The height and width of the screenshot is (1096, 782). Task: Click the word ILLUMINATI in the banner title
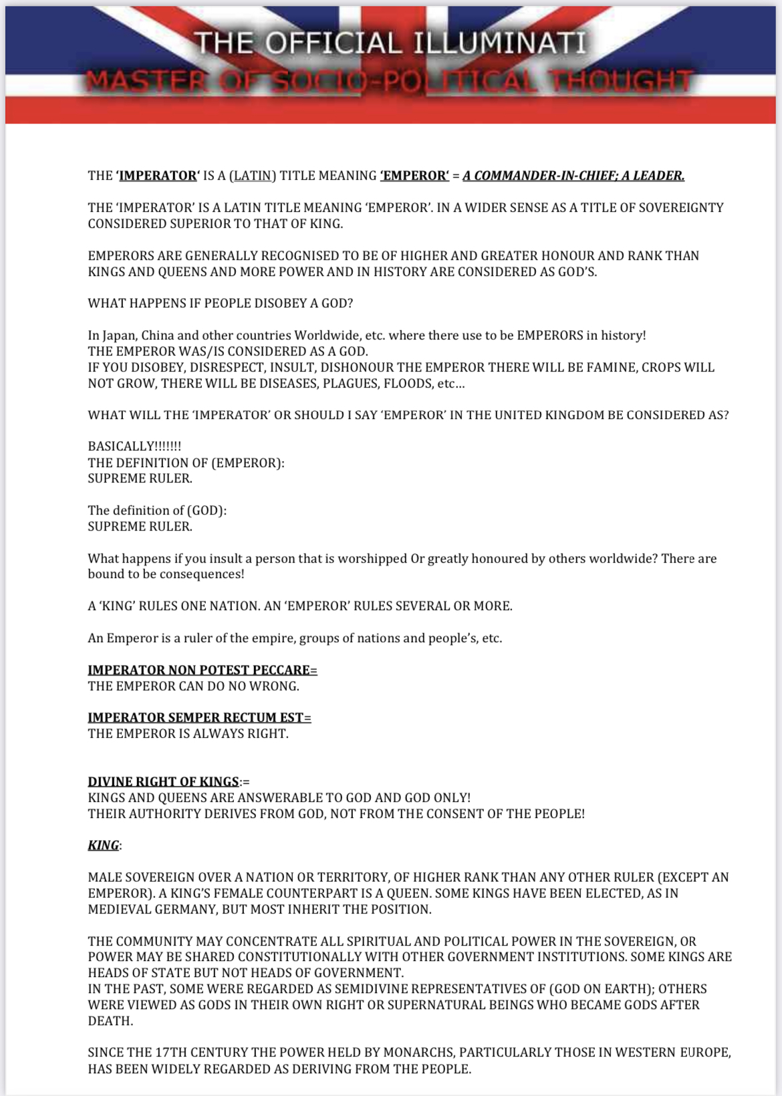click(x=499, y=43)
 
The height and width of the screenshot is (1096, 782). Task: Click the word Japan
click(x=119, y=335)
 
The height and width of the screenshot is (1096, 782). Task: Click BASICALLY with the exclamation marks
click(x=134, y=446)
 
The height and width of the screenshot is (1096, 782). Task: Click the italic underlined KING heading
click(x=104, y=845)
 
